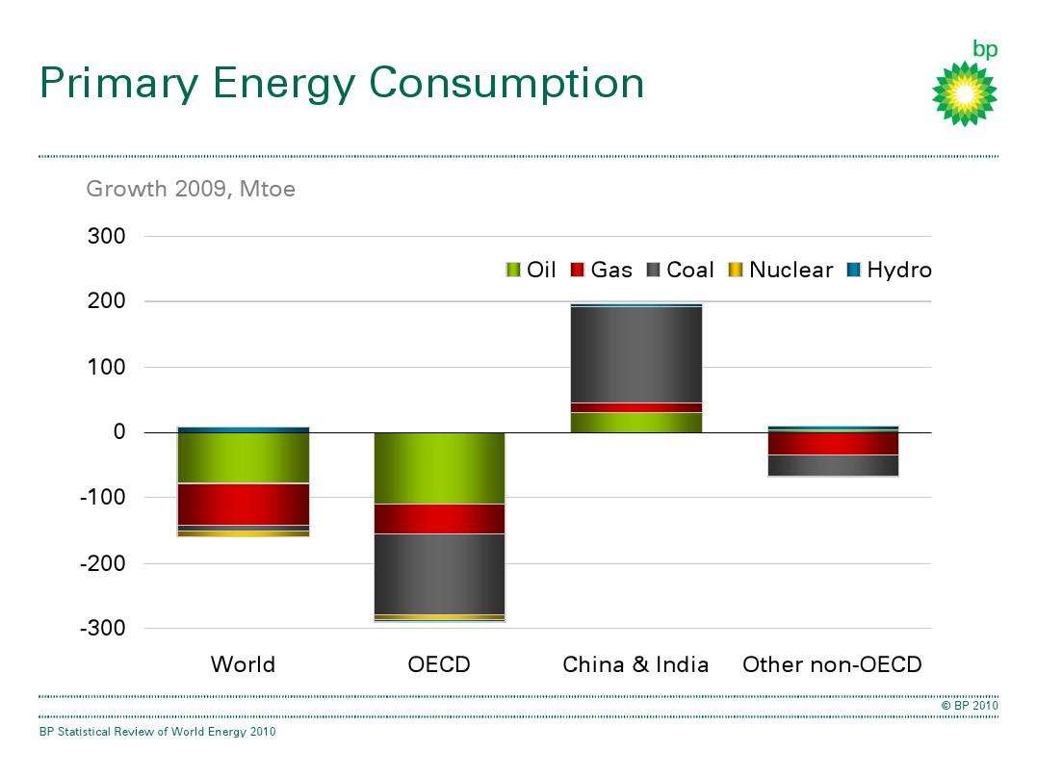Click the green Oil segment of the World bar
[x=244, y=457]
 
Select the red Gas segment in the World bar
[x=244, y=504]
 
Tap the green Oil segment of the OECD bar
[x=439, y=468]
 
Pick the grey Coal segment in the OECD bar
[x=439, y=574]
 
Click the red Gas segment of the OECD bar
[x=439, y=518]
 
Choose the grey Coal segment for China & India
[x=635, y=354]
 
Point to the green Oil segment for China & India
[x=635, y=422]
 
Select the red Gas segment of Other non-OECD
[x=833, y=443]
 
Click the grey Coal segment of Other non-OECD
[x=833, y=465]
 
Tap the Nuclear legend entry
[x=780, y=271]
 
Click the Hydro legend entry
[x=889, y=271]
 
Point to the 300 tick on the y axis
[x=107, y=237]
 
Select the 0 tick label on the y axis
[x=119, y=432]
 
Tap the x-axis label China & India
[x=635, y=664]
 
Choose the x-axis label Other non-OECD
[x=832, y=664]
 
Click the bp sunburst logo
[x=964, y=92]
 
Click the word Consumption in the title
[x=506, y=83]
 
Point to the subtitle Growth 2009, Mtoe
[x=191, y=189]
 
